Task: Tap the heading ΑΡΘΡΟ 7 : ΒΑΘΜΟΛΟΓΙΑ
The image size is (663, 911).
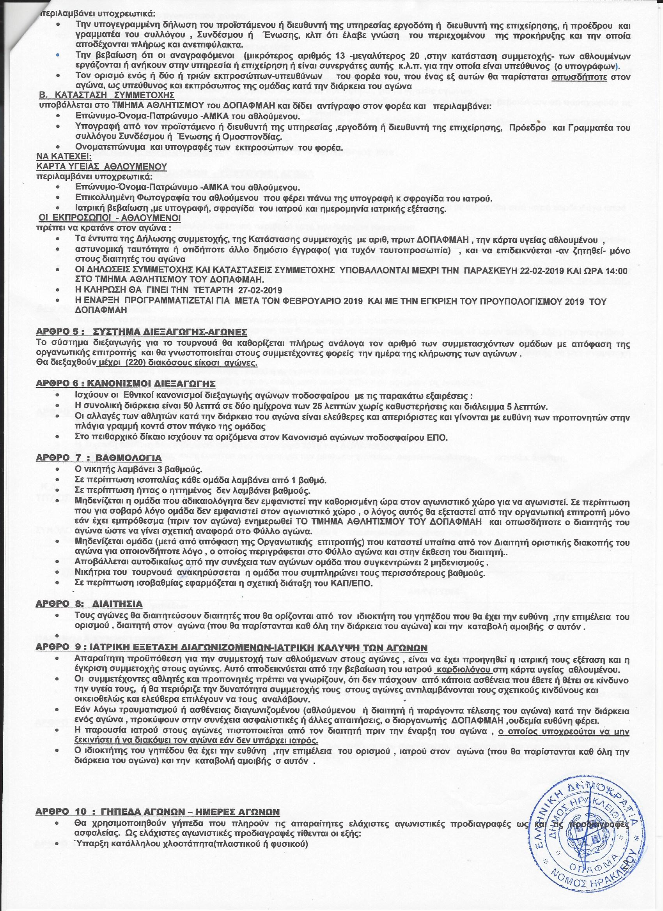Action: tap(99, 458)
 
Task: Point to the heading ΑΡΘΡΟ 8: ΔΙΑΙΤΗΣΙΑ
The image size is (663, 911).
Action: tap(89, 604)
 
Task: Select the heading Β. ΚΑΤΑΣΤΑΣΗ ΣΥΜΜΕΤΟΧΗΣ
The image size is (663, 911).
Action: tap(107, 95)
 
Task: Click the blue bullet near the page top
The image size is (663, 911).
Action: tap(58, 55)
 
